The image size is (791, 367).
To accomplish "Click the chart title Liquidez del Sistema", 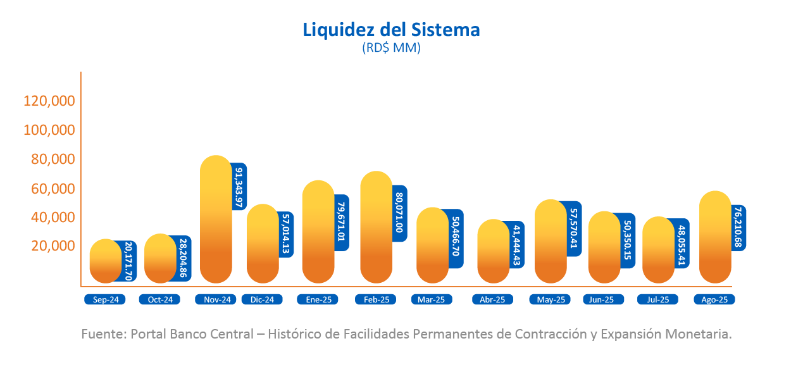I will (391, 30).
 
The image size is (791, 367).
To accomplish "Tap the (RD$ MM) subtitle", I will (391, 48).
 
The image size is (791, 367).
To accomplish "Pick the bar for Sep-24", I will (105, 261).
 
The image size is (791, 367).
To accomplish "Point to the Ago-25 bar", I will (715, 237).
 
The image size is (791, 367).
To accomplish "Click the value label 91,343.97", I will (239, 187).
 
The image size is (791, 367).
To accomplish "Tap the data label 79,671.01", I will (342, 222).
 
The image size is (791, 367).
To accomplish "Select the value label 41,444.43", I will (518, 246).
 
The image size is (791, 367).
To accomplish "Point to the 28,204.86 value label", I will (184, 258).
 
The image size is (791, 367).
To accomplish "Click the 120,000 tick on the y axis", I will (49, 101).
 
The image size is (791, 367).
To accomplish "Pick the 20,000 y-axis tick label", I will (53, 246).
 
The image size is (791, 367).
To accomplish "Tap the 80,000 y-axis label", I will (53, 159).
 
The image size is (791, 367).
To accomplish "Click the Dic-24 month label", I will (262, 300).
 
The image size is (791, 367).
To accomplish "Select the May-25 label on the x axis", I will (551, 300).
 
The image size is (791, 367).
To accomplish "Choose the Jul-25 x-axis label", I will (657, 300).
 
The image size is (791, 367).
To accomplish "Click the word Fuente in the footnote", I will (103, 334).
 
